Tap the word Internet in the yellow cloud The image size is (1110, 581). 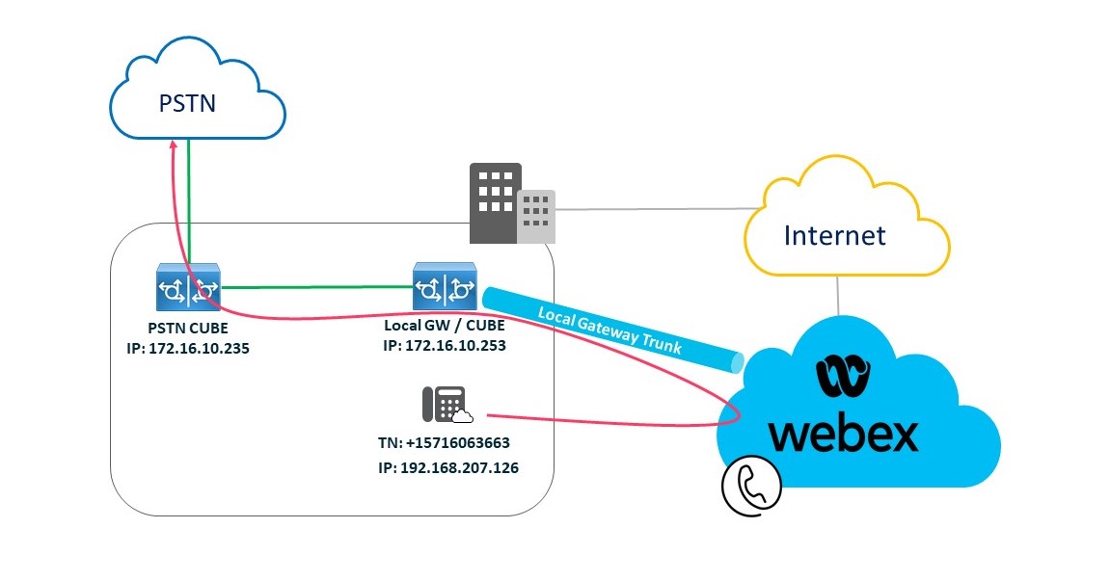(834, 234)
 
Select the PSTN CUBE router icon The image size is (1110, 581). (188, 286)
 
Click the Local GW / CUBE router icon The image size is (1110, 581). (445, 285)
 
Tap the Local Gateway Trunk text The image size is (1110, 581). (609, 330)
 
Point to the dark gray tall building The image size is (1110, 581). (495, 201)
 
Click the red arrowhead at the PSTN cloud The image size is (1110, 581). (172, 143)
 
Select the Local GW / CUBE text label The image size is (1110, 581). (445, 327)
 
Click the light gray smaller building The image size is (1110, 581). (536, 214)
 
